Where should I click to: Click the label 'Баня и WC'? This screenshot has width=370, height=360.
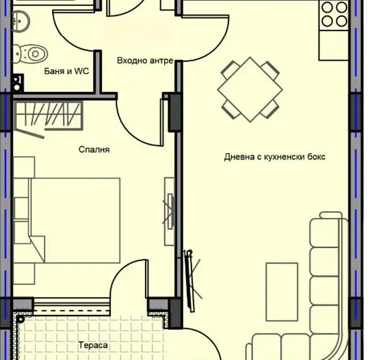click(66, 71)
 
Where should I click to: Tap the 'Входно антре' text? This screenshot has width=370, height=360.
click(145, 60)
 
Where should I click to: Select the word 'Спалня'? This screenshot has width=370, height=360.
click(94, 150)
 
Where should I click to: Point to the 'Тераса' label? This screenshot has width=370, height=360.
click(93, 345)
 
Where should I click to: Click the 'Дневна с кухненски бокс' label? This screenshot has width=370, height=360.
click(274, 157)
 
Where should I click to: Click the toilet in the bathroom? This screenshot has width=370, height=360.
click(30, 54)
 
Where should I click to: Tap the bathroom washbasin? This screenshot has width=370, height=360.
click(21, 21)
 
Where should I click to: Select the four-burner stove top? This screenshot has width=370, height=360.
click(334, 14)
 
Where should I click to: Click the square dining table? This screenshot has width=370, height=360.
click(250, 90)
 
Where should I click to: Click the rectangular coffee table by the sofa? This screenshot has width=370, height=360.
click(282, 292)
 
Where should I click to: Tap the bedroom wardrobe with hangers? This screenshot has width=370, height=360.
click(48, 116)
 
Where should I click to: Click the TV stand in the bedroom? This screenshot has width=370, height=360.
click(169, 212)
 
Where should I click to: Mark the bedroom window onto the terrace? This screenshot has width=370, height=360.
click(72, 307)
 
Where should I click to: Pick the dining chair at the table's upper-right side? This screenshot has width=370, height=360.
click(270, 71)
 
